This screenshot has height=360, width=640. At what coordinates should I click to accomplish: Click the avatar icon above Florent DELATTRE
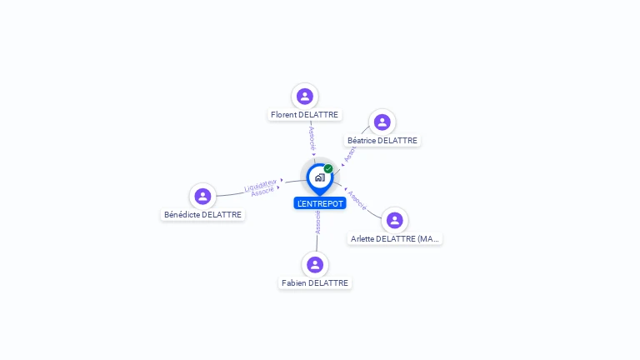coord(305,96)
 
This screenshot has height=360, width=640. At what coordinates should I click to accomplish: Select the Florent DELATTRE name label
coord(306,115)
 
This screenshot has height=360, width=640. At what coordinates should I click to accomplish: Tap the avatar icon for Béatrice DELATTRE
coord(382,122)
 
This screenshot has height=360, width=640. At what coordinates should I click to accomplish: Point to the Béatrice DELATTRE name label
coord(382,141)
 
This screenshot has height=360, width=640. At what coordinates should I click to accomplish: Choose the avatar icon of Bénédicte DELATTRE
coord(202,197)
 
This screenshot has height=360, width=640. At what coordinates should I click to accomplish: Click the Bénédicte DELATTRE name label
coord(203,215)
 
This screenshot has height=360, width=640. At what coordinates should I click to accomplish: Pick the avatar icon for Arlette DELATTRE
coord(395,220)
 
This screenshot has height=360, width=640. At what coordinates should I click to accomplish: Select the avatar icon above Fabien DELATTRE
coord(315,264)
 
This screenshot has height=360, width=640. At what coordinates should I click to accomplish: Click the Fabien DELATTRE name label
coord(315,283)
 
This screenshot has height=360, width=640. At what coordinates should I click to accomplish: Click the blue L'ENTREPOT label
coord(320,203)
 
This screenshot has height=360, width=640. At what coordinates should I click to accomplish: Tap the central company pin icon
coord(319,177)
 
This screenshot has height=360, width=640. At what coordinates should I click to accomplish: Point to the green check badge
coord(328,169)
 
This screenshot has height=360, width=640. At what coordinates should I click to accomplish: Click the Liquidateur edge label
coord(261,185)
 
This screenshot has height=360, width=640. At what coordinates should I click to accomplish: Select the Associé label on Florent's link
coord(312,137)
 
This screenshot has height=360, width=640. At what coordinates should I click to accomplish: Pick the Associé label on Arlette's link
coord(357,200)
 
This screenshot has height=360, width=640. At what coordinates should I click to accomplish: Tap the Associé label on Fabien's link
coord(317,222)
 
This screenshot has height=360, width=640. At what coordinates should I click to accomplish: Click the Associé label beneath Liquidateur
coord(262,192)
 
